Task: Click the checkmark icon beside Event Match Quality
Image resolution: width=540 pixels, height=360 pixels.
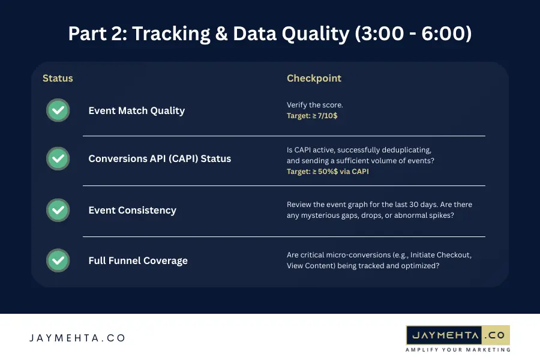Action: click(58, 110)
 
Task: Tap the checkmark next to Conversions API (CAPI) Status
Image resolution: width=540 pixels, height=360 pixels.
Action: click(58, 158)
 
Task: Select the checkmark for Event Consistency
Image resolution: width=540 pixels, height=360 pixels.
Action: click(58, 210)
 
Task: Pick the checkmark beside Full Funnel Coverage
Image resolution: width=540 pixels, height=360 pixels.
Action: click(58, 260)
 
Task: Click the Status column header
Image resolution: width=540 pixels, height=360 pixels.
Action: click(58, 79)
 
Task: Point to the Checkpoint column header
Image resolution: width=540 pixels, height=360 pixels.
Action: click(314, 79)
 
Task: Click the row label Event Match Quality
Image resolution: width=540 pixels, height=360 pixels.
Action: click(136, 110)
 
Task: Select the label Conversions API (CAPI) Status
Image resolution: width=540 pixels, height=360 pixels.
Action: click(160, 159)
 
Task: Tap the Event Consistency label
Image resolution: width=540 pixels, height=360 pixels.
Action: click(132, 210)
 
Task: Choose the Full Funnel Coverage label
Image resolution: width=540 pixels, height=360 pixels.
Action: click(138, 260)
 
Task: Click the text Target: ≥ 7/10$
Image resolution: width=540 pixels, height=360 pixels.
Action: click(312, 116)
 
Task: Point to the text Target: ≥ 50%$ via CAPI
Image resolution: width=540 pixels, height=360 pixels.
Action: click(328, 171)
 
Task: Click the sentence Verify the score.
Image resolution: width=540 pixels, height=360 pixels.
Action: click(314, 105)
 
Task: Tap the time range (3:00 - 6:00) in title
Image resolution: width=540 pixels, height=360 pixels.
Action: click(413, 34)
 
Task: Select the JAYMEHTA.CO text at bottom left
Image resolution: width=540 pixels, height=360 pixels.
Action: click(77, 338)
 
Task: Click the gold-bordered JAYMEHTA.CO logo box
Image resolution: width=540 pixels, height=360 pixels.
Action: click(457, 335)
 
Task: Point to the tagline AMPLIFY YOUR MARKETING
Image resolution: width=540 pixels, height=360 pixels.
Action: click(457, 349)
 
